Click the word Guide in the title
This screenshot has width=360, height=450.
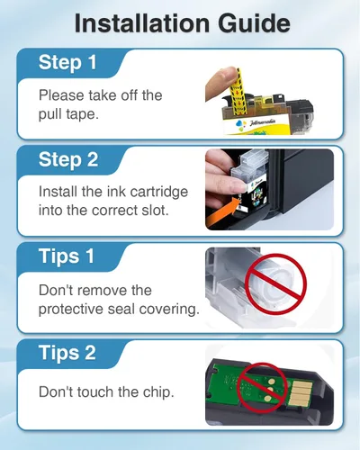click(254, 23)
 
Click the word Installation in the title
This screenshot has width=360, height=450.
click(142, 23)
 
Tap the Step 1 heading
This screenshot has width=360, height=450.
click(67, 62)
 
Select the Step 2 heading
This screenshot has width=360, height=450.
click(68, 159)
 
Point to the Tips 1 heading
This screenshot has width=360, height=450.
click(67, 256)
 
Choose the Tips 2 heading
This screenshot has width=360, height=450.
click(67, 353)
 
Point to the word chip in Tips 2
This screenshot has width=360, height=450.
click(158, 391)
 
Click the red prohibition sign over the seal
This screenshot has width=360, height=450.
click(275, 283)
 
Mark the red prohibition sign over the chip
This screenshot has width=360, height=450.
click(262, 388)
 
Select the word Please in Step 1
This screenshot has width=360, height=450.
click(61, 95)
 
